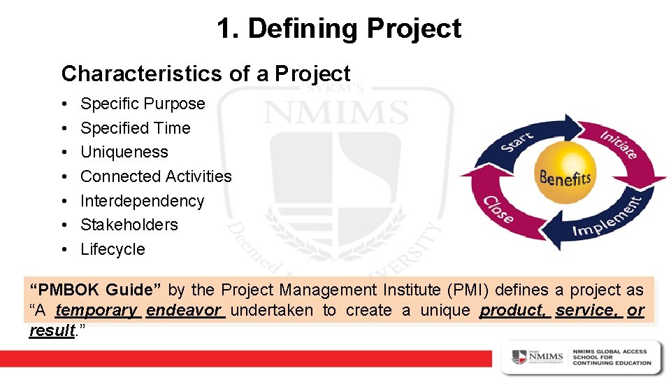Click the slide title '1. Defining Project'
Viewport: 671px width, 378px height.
[338, 29]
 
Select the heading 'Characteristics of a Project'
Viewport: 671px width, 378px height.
[205, 73]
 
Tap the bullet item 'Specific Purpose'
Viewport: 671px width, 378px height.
[143, 104]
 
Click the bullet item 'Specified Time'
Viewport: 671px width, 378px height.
[135, 128]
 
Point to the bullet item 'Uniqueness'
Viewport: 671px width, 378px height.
[124, 152]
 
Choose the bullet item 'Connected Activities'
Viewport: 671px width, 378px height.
[156, 176]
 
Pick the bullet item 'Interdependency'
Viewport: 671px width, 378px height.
[142, 201]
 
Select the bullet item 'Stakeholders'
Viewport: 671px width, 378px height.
[129, 225]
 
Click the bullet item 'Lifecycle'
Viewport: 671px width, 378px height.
[113, 249]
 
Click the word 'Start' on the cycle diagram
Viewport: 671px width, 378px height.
[517, 143]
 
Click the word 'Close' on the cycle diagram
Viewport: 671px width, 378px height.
[499, 207]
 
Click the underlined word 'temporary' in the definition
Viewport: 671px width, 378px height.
[96, 310]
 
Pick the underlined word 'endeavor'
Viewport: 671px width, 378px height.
[184, 310]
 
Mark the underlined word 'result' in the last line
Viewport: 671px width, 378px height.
[51, 330]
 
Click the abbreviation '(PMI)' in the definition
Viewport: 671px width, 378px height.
[442, 290]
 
